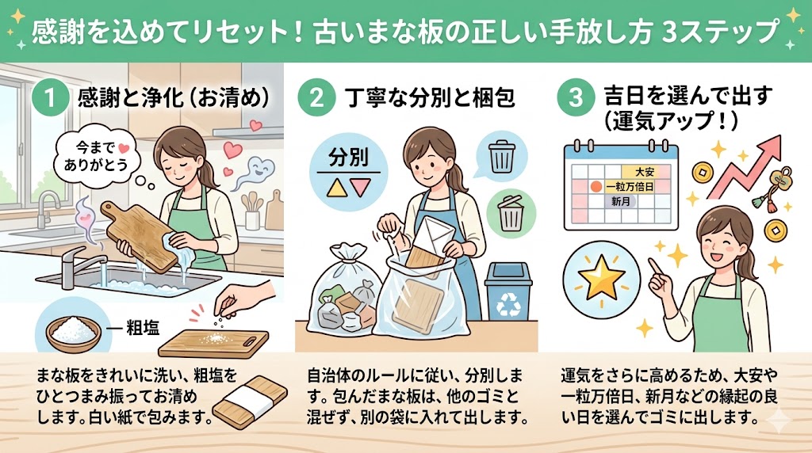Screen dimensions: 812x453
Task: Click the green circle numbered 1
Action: [50, 97]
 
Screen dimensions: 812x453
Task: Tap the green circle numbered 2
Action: [316, 97]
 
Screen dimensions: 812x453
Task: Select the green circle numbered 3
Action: [576, 97]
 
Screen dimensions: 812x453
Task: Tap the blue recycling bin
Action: [508, 291]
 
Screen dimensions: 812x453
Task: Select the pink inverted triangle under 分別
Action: [361, 188]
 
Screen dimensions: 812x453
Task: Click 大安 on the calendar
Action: [645, 172]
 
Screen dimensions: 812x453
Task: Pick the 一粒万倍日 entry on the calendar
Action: [630, 186]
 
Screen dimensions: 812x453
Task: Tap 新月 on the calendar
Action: [620, 201]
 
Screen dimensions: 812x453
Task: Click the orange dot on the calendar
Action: [596, 186]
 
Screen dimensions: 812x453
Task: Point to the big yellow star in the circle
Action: [601, 277]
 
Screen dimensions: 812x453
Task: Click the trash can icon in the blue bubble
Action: [502, 157]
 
